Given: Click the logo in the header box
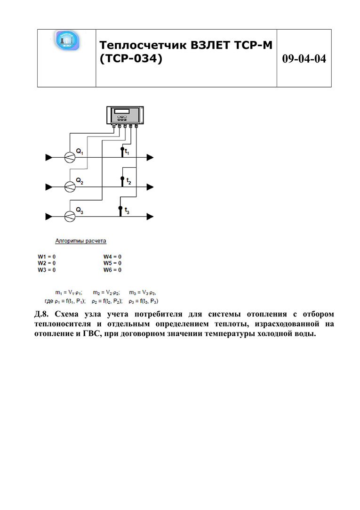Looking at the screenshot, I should tap(67, 40).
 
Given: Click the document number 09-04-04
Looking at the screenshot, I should tap(304, 59).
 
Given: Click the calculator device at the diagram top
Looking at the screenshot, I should tap(124, 114).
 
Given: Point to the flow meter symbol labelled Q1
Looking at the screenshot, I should tap(69, 157).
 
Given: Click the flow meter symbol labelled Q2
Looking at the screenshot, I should tap(69, 187).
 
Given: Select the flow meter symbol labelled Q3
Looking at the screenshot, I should tap(69, 216).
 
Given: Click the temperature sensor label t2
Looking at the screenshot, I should tap(128, 181).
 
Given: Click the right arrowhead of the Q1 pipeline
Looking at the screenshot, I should tap(150, 157).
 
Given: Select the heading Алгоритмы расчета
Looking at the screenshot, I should tap(81, 241).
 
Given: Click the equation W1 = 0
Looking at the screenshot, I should tap(47, 256).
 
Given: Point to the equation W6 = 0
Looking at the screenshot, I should tap(112, 270).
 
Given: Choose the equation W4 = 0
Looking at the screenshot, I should tap(112, 256).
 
